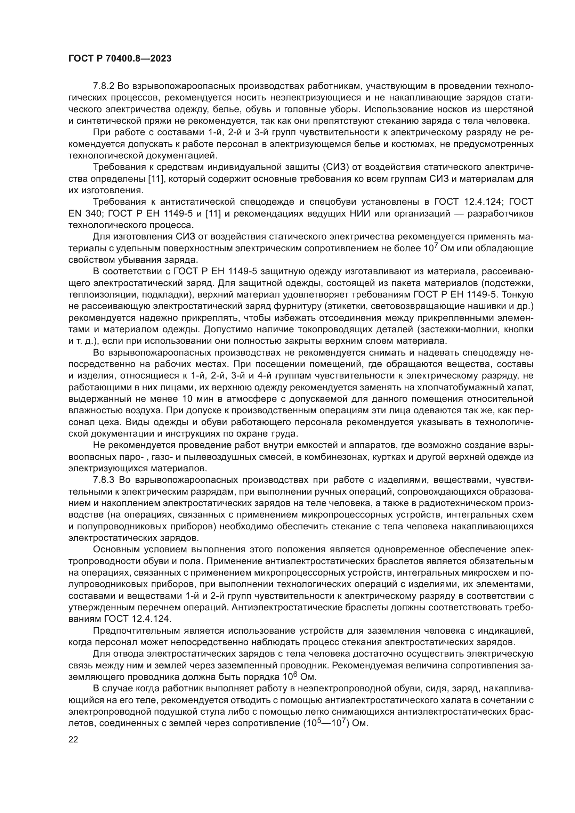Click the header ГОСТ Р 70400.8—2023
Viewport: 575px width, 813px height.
pos(120,59)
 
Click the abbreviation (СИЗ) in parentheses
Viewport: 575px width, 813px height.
pos(335,167)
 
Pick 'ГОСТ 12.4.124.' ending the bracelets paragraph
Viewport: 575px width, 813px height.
pos(138,619)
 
